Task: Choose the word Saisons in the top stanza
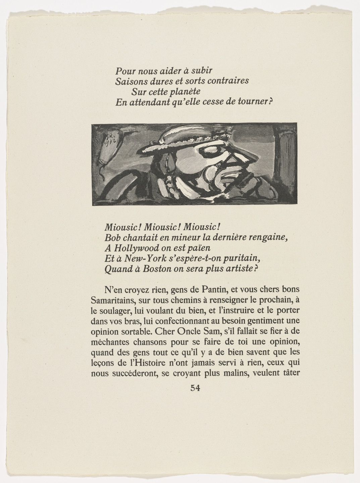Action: tap(131, 81)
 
